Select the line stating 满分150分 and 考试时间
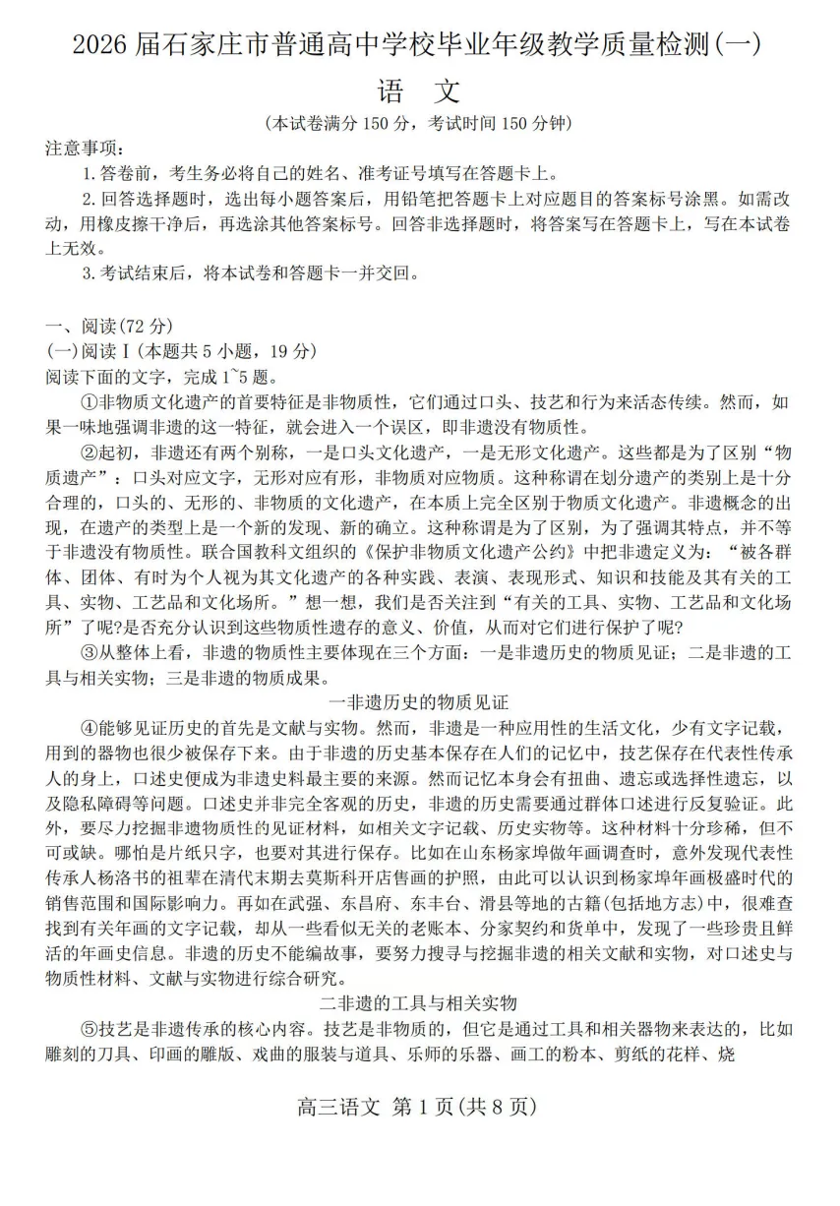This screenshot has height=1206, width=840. (x=419, y=124)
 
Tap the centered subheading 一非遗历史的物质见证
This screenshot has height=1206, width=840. (x=419, y=702)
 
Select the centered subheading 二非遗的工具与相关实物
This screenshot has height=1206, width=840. (x=419, y=1003)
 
